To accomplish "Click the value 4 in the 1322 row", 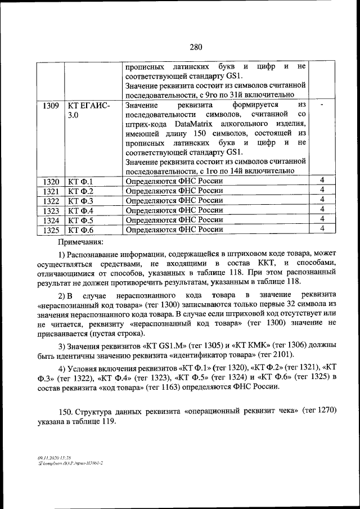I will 322,200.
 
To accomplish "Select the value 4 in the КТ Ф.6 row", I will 322,228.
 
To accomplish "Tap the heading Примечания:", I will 81,242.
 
